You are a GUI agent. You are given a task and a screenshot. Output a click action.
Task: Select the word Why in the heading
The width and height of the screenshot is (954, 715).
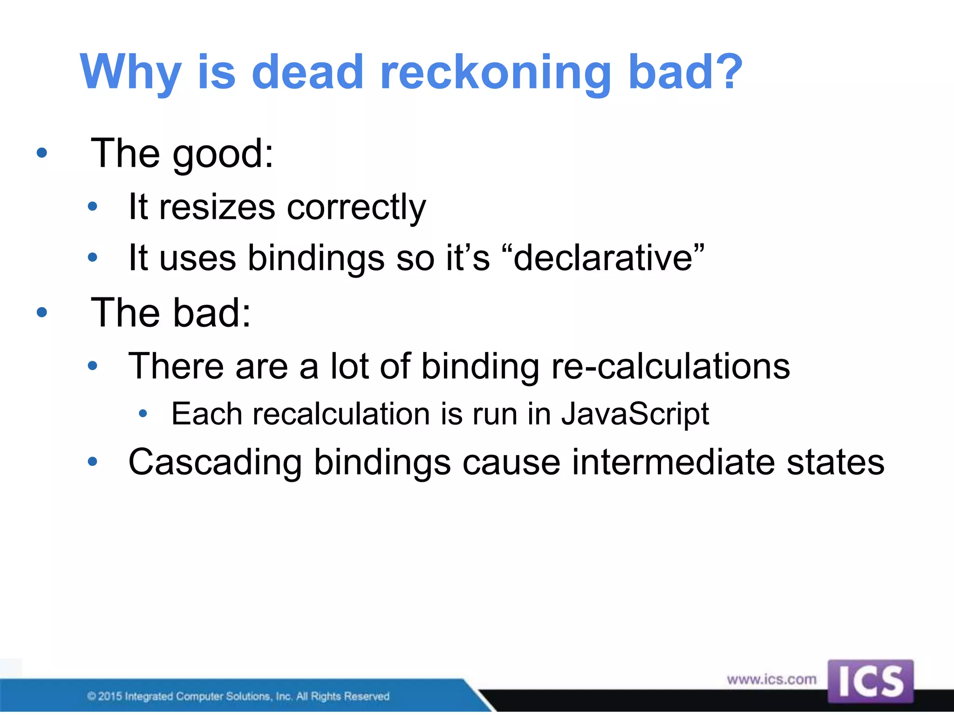click(130, 72)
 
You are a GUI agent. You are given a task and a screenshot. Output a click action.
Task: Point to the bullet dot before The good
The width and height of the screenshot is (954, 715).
click(42, 152)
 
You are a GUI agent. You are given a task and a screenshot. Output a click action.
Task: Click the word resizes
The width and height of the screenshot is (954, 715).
click(217, 207)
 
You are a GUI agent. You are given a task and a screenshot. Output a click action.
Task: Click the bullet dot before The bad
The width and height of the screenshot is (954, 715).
click(42, 312)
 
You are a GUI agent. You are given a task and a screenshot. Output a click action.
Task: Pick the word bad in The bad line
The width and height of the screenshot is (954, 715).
click(212, 312)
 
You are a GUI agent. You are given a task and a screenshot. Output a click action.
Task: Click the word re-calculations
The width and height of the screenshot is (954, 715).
click(670, 366)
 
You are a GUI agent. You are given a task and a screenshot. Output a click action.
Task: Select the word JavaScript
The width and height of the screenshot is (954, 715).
click(634, 414)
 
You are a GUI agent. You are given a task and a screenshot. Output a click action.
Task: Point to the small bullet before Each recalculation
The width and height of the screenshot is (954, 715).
click(143, 413)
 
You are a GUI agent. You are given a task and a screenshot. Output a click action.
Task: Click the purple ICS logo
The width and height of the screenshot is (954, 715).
click(870, 681)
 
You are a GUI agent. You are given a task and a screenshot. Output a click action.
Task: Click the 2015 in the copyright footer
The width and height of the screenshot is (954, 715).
click(110, 696)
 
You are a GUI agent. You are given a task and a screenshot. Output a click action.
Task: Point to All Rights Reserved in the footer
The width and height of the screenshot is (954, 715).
click(342, 696)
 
